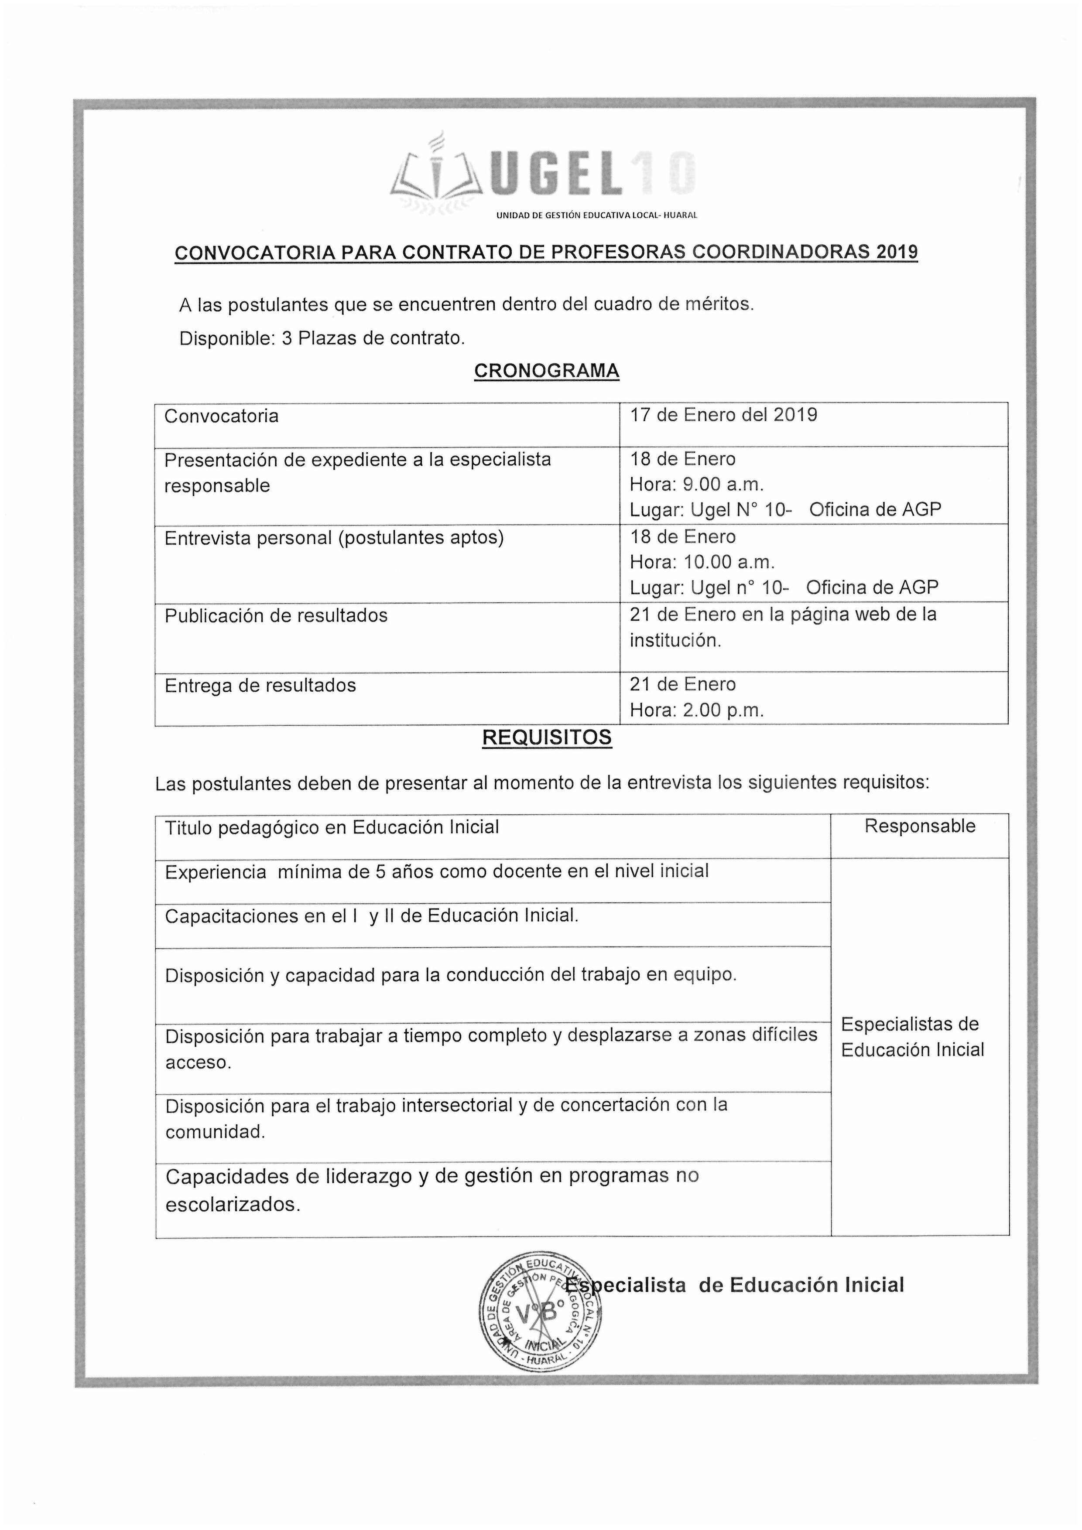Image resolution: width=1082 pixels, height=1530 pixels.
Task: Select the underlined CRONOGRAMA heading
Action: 547,370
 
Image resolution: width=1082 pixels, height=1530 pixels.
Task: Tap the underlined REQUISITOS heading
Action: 547,738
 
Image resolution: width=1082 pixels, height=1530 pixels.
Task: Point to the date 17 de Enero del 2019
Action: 724,415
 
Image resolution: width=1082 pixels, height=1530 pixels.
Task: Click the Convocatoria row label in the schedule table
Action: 221,417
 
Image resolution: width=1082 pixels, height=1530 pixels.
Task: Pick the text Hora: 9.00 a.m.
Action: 697,485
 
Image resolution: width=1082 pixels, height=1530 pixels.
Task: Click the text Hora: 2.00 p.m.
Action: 697,710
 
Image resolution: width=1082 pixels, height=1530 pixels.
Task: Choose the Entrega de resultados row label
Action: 260,686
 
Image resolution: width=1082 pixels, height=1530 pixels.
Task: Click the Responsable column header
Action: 919,826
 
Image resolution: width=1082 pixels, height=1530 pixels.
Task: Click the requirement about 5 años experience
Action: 437,871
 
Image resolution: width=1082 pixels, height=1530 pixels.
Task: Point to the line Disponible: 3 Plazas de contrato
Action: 322,338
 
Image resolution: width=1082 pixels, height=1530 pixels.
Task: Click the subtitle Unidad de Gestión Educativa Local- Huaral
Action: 596,216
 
